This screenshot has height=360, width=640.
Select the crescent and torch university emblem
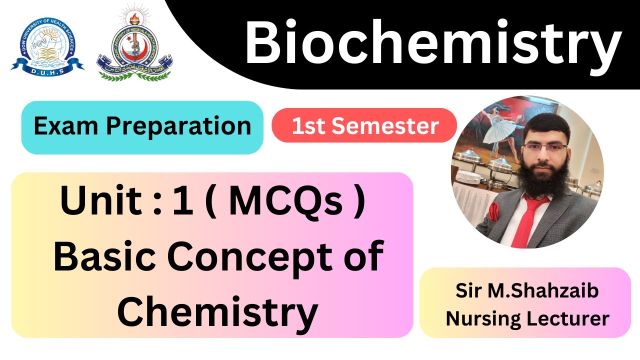tap(134, 44)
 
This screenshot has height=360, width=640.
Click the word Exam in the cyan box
tap(66, 126)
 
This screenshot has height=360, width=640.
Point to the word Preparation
tap(178, 126)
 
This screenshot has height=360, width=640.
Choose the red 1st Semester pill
tap(364, 126)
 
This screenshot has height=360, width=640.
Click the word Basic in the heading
tap(103, 256)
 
